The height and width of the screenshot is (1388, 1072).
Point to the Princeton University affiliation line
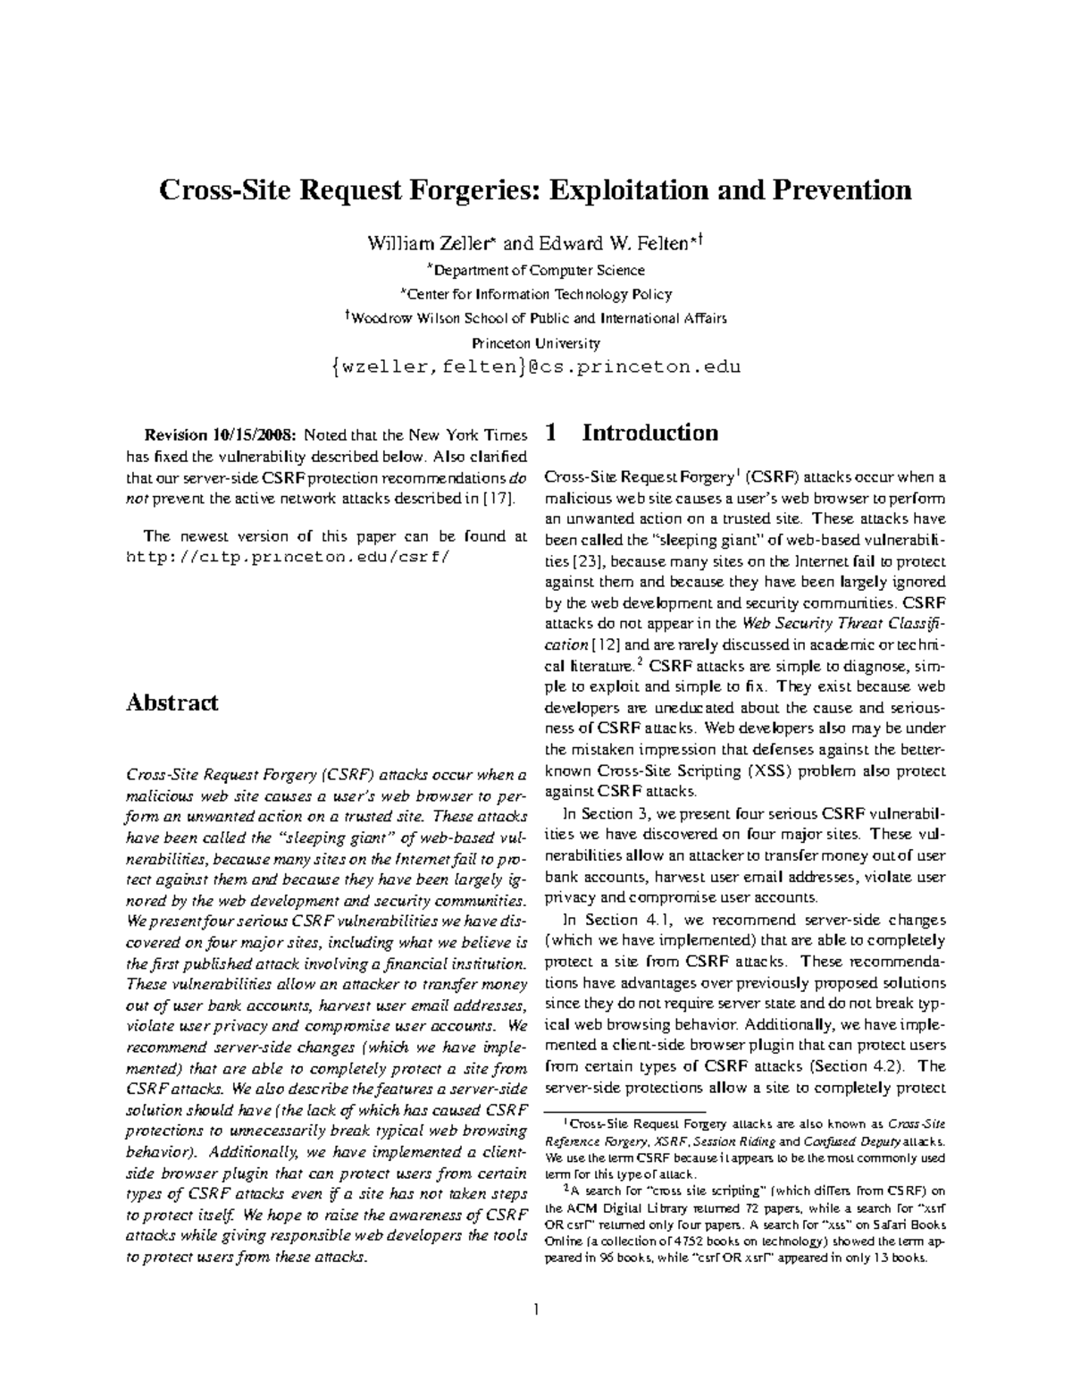click(x=536, y=342)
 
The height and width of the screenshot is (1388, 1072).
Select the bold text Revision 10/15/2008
click(x=220, y=436)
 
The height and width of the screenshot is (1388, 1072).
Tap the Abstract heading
click(x=172, y=702)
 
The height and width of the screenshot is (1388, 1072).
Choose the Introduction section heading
click(x=649, y=433)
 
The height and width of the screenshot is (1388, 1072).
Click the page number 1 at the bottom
click(x=536, y=1310)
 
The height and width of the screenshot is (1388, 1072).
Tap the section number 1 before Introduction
click(x=551, y=433)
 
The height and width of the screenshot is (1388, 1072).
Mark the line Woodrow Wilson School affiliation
click(x=536, y=318)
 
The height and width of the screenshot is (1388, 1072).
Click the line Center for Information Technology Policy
click(x=536, y=294)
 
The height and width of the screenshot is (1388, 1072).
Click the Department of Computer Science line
click(x=536, y=270)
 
